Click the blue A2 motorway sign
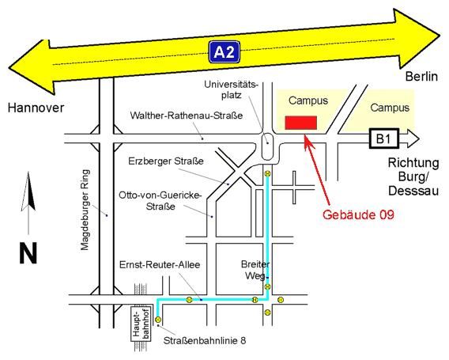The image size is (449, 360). tap(224, 52)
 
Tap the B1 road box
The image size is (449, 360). tap(383, 138)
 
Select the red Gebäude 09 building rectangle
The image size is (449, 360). tap(300, 123)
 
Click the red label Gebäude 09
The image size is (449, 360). tap(358, 214)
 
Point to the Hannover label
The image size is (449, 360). tap(36, 108)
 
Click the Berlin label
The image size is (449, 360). tap(421, 77)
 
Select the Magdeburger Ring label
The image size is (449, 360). tap(85, 210)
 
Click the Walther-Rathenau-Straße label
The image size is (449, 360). tap(187, 116)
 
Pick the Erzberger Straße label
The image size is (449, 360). tap(166, 161)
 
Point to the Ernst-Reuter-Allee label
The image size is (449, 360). tap(160, 264)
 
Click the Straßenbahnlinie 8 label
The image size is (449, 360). tap(205, 340)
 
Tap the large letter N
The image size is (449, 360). tap(28, 253)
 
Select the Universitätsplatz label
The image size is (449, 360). tap(231, 89)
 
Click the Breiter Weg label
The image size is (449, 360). tap(255, 270)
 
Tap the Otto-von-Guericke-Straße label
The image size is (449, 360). tap(160, 201)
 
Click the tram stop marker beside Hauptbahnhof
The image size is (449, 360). tap(158, 320)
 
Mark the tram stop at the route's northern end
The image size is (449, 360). tap(267, 173)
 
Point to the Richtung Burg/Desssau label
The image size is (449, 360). tap(413, 176)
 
